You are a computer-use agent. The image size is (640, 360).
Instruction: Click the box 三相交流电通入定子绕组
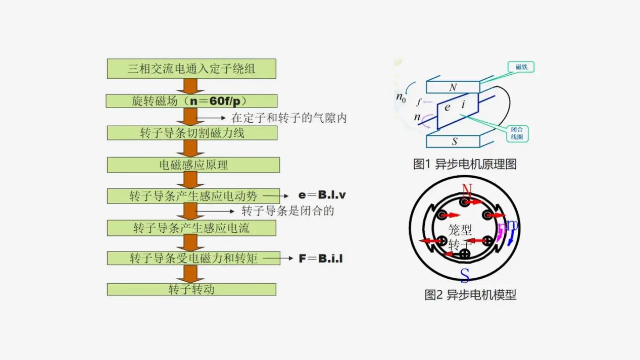tap(191, 69)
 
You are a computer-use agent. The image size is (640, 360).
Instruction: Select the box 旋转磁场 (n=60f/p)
tap(191, 101)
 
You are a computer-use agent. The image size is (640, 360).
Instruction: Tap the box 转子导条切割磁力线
tap(192, 133)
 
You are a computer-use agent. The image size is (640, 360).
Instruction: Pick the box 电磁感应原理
tap(193, 165)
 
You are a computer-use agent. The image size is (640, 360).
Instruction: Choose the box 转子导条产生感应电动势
tap(193, 196)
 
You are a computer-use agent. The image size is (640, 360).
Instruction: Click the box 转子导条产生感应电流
tap(191, 228)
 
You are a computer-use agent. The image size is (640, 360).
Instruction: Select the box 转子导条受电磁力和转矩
tap(193, 258)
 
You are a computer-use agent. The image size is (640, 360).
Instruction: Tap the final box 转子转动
tap(191, 289)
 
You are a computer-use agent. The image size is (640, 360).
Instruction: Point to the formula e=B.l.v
tap(322, 195)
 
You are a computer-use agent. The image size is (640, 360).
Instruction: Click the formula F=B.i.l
tap(321, 259)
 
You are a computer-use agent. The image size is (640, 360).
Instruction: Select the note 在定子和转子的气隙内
tap(289, 118)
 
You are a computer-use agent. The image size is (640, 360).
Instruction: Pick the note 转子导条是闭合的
tap(288, 211)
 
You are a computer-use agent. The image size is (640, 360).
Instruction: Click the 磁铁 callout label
tap(521, 67)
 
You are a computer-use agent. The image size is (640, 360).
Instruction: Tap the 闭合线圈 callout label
tap(517, 133)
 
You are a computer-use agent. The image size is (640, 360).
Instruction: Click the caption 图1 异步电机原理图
tap(465, 164)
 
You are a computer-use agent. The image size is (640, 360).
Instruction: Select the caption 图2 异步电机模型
tap(470, 295)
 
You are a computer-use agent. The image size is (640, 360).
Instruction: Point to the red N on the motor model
tap(467, 190)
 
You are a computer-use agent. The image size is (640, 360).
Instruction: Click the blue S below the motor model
tap(465, 276)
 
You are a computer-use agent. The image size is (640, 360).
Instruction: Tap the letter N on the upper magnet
tap(453, 87)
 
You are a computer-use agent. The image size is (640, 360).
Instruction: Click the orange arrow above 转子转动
tap(190, 274)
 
